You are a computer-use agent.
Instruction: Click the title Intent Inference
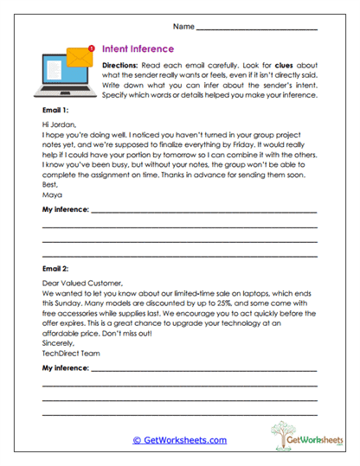[138, 49]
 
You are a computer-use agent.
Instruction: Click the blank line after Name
[257, 29]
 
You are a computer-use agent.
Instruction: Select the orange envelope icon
[80, 56]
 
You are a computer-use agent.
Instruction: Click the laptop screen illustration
[61, 72]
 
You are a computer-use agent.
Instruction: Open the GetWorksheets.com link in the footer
[179, 439]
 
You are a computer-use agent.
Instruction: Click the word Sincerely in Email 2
[58, 342]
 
